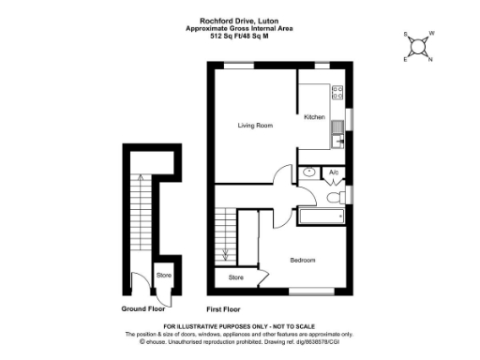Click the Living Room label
[255, 125]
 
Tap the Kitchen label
[314, 117]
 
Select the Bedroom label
[302, 260]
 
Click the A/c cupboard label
[334, 172]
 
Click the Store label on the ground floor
[163, 276]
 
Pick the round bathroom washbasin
[309, 172]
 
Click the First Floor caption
[223, 307]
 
